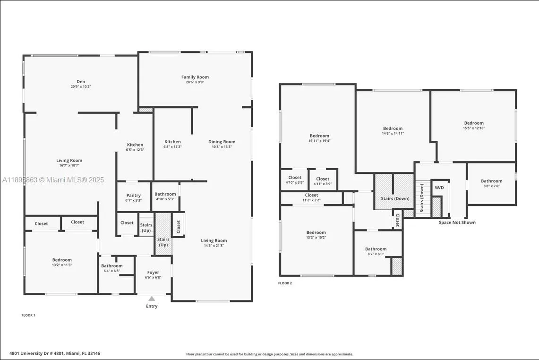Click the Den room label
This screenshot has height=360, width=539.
coord(81,82)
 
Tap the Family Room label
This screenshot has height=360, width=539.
coord(195,77)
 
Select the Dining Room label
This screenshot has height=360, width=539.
coord(222,142)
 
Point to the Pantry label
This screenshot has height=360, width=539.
coord(134,196)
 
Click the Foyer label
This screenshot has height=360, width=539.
coord(153,273)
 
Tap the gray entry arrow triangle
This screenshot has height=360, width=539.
coord(152,299)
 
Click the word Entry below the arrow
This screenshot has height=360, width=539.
coord(152,306)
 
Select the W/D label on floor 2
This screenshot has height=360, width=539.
coord(439,188)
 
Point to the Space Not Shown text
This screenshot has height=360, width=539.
coord(457,223)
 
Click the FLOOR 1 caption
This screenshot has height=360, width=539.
coord(28,315)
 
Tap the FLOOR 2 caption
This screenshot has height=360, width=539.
coord(285,283)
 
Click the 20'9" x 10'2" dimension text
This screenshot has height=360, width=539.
coord(81,87)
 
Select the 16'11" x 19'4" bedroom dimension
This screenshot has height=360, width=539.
coord(319,141)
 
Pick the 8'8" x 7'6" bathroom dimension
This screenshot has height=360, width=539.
coord(492,186)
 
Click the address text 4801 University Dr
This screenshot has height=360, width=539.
coord(55,353)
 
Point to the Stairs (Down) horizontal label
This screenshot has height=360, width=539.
coord(395,198)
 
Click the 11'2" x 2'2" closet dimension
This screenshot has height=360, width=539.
coord(311,200)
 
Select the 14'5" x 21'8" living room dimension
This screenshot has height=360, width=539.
coord(214,246)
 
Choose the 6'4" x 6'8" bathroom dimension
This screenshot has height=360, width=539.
coord(112,271)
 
